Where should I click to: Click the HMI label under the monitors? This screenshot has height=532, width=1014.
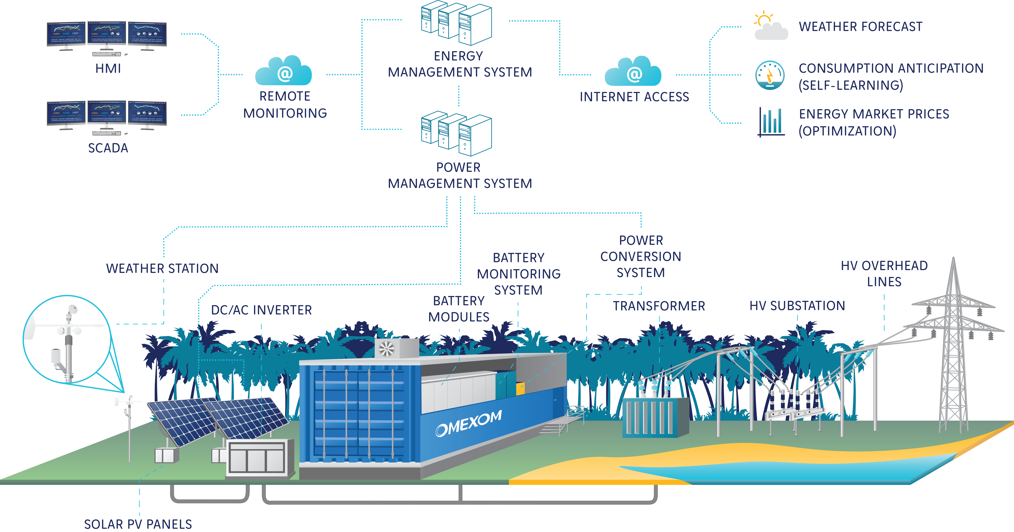tap(108, 69)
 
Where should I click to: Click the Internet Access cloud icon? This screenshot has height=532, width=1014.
tap(633, 72)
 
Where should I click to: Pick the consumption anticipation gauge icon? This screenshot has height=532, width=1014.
tap(770, 75)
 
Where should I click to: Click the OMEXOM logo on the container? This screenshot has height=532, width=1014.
tap(468, 423)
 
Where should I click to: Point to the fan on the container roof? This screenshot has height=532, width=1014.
tap(386, 349)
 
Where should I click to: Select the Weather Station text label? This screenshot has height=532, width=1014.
tap(162, 268)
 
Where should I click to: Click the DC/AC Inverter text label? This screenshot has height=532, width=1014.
tap(261, 310)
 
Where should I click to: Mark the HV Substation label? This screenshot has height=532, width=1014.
tap(797, 306)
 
